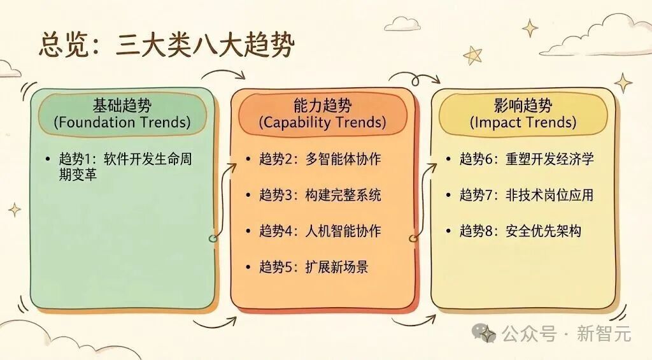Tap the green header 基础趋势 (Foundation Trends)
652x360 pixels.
coord(123,113)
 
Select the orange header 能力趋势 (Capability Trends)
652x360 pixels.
coord(322,113)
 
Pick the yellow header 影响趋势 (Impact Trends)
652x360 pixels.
coord(523,113)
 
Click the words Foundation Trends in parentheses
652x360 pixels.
coord(123,123)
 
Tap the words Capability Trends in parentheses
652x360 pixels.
coord(322,123)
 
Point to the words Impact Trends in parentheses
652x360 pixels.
coord(523,123)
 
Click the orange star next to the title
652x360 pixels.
coord(473,55)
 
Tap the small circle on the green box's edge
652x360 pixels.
coord(213,238)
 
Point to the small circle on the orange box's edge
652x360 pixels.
coord(413,238)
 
